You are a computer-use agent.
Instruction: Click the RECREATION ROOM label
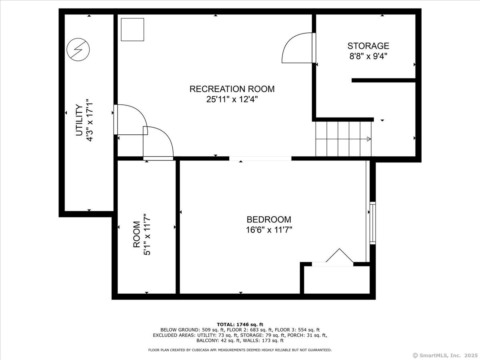click(232, 89)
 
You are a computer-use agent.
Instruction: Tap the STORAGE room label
click(368, 46)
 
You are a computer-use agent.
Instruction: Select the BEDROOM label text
click(269, 220)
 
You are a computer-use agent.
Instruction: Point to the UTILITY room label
click(79, 120)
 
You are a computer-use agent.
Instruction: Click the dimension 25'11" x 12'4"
click(232, 100)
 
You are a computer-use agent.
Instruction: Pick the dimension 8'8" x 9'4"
click(368, 56)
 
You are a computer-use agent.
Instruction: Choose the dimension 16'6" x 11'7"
click(269, 230)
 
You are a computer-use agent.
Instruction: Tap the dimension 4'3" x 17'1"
click(90, 120)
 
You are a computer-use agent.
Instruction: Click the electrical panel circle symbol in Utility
click(78, 50)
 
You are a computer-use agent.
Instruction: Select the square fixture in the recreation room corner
click(132, 30)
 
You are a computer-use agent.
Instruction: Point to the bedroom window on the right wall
click(373, 223)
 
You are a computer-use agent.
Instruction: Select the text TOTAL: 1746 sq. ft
click(240, 324)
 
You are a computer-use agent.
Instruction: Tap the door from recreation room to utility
click(130, 120)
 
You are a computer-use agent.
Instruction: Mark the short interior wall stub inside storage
click(383, 80)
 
